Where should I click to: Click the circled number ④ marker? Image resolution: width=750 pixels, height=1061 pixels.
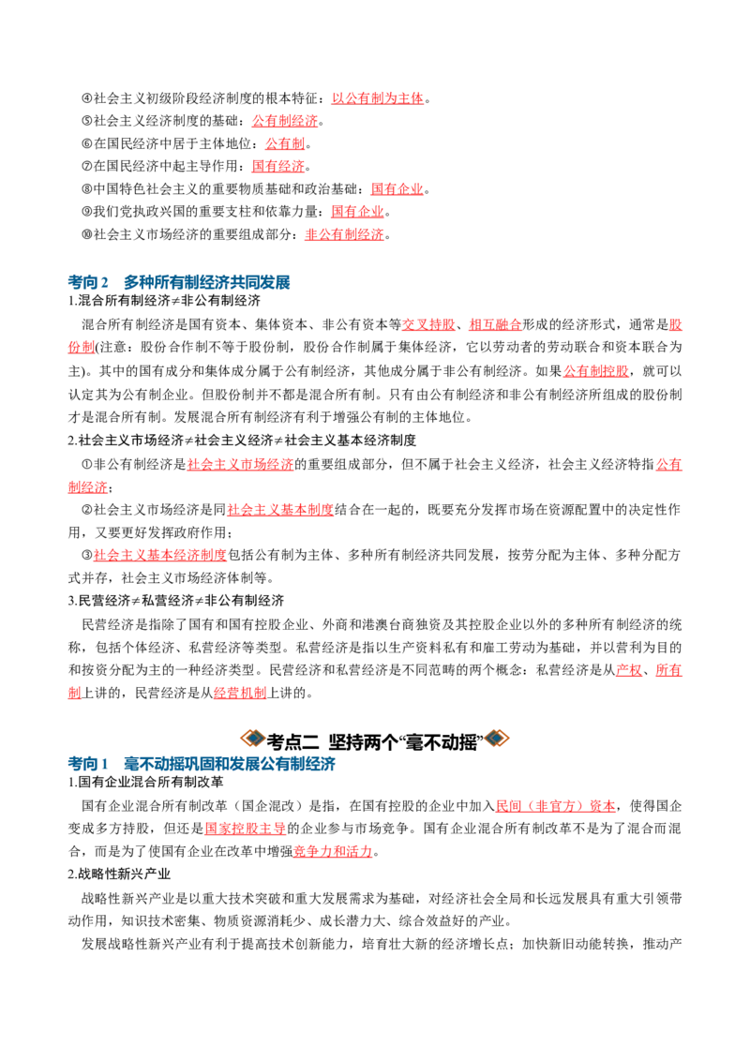click(x=86, y=98)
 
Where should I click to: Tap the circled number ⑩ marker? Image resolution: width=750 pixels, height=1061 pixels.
click(x=86, y=235)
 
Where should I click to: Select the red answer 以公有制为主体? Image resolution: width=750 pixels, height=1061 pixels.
click(x=378, y=98)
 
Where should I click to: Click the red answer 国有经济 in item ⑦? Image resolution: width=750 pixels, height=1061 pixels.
click(x=278, y=167)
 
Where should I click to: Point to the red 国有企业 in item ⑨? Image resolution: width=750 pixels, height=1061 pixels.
click(x=357, y=212)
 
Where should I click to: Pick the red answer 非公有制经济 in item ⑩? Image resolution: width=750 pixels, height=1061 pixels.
click(x=345, y=235)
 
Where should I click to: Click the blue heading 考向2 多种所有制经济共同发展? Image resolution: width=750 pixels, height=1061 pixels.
click(x=179, y=282)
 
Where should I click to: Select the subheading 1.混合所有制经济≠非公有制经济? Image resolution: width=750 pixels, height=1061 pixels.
click(x=164, y=301)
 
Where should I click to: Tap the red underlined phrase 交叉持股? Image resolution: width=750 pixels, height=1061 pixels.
click(x=428, y=325)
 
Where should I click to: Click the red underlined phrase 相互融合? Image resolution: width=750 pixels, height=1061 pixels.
click(x=496, y=325)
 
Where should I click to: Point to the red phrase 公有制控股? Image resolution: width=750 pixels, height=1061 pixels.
click(x=596, y=371)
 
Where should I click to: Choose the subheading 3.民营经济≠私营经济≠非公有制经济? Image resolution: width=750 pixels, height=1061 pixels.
click(x=176, y=600)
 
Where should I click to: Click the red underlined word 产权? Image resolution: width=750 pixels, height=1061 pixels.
click(x=629, y=670)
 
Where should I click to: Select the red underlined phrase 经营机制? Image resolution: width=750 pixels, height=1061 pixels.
click(x=240, y=694)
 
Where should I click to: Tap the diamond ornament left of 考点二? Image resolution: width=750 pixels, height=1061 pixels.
click(x=252, y=739)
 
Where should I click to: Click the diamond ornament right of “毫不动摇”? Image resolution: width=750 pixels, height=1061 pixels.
click(x=497, y=739)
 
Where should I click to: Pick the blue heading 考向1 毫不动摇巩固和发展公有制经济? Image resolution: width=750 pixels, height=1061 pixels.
click(x=202, y=764)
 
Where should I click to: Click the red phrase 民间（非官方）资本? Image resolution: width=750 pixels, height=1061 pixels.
click(x=556, y=806)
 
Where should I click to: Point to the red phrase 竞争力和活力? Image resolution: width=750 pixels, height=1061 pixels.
click(x=333, y=851)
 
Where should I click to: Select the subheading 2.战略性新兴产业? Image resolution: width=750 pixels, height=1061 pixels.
click(x=119, y=874)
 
